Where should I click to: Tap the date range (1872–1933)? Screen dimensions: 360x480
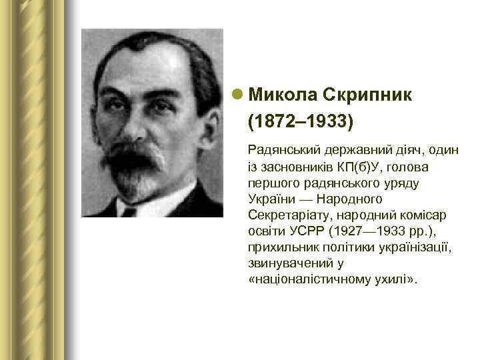[x=300, y=123]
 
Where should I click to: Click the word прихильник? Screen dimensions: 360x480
[x=281, y=247]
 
